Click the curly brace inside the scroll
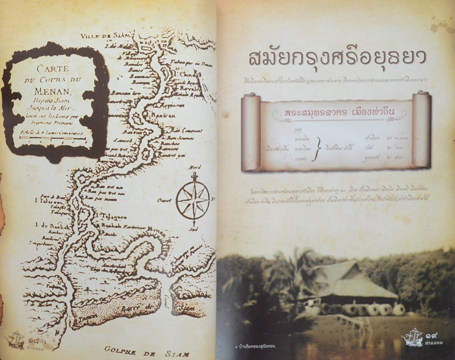(x=319, y=149)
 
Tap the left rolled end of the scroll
(x=250, y=132)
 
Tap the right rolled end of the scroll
(x=421, y=130)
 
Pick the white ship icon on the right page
(x=413, y=337)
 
